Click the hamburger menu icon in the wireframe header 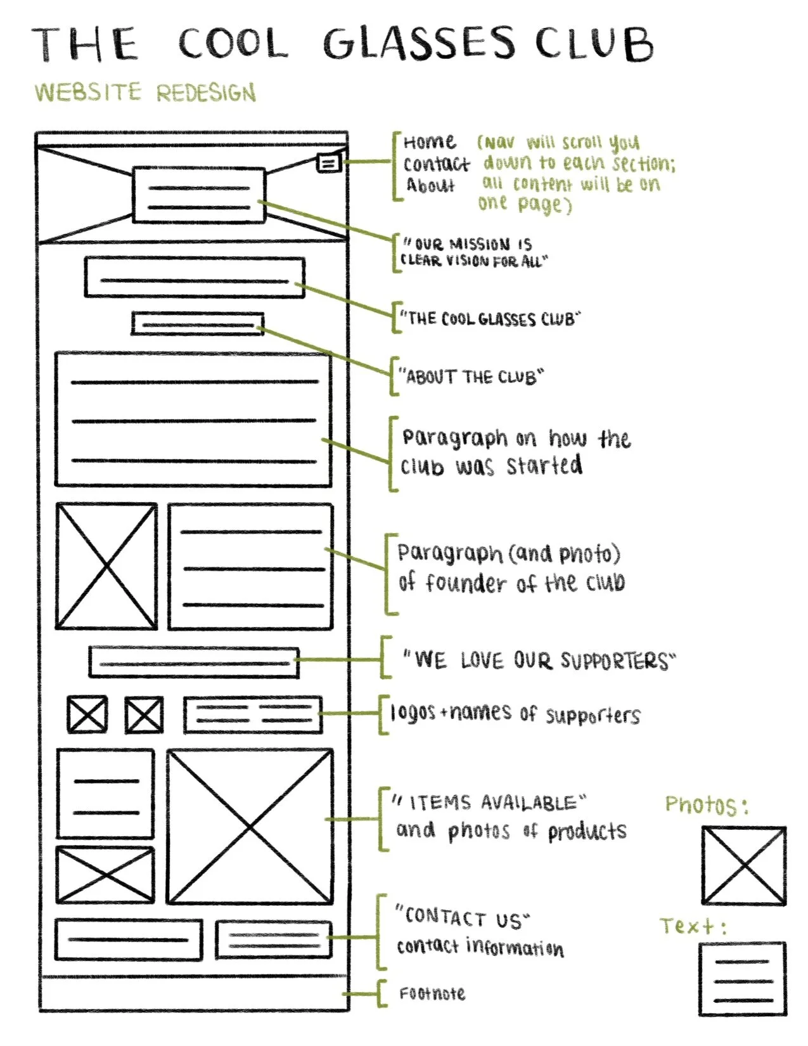tap(328, 163)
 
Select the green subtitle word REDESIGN tap(207, 93)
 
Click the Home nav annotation tap(429, 142)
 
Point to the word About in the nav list tap(431, 186)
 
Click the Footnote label tap(432, 993)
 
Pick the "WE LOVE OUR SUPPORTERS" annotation tap(539, 660)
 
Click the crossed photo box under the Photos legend tap(743, 865)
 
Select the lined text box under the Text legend tap(743, 979)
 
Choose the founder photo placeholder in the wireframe tap(106, 565)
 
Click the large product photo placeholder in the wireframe tap(250, 827)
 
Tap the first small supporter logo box tap(87, 715)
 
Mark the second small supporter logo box tap(144, 715)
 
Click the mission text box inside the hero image tap(198, 195)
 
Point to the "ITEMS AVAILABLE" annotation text tap(488, 803)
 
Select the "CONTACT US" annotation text tap(463, 918)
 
